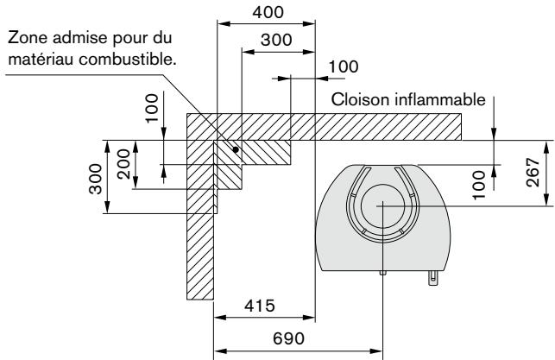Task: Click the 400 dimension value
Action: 266,12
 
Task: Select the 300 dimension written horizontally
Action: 277,40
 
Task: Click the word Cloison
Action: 358,101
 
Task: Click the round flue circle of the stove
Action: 381,206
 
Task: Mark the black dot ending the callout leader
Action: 236,149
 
